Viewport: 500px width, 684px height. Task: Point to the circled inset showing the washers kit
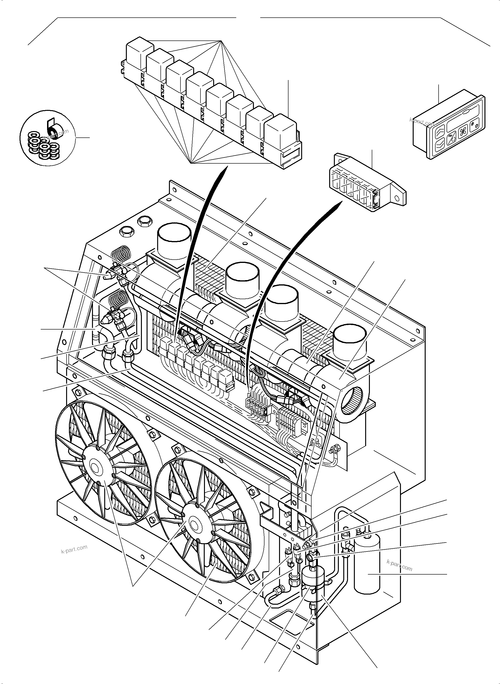tap(45, 138)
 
